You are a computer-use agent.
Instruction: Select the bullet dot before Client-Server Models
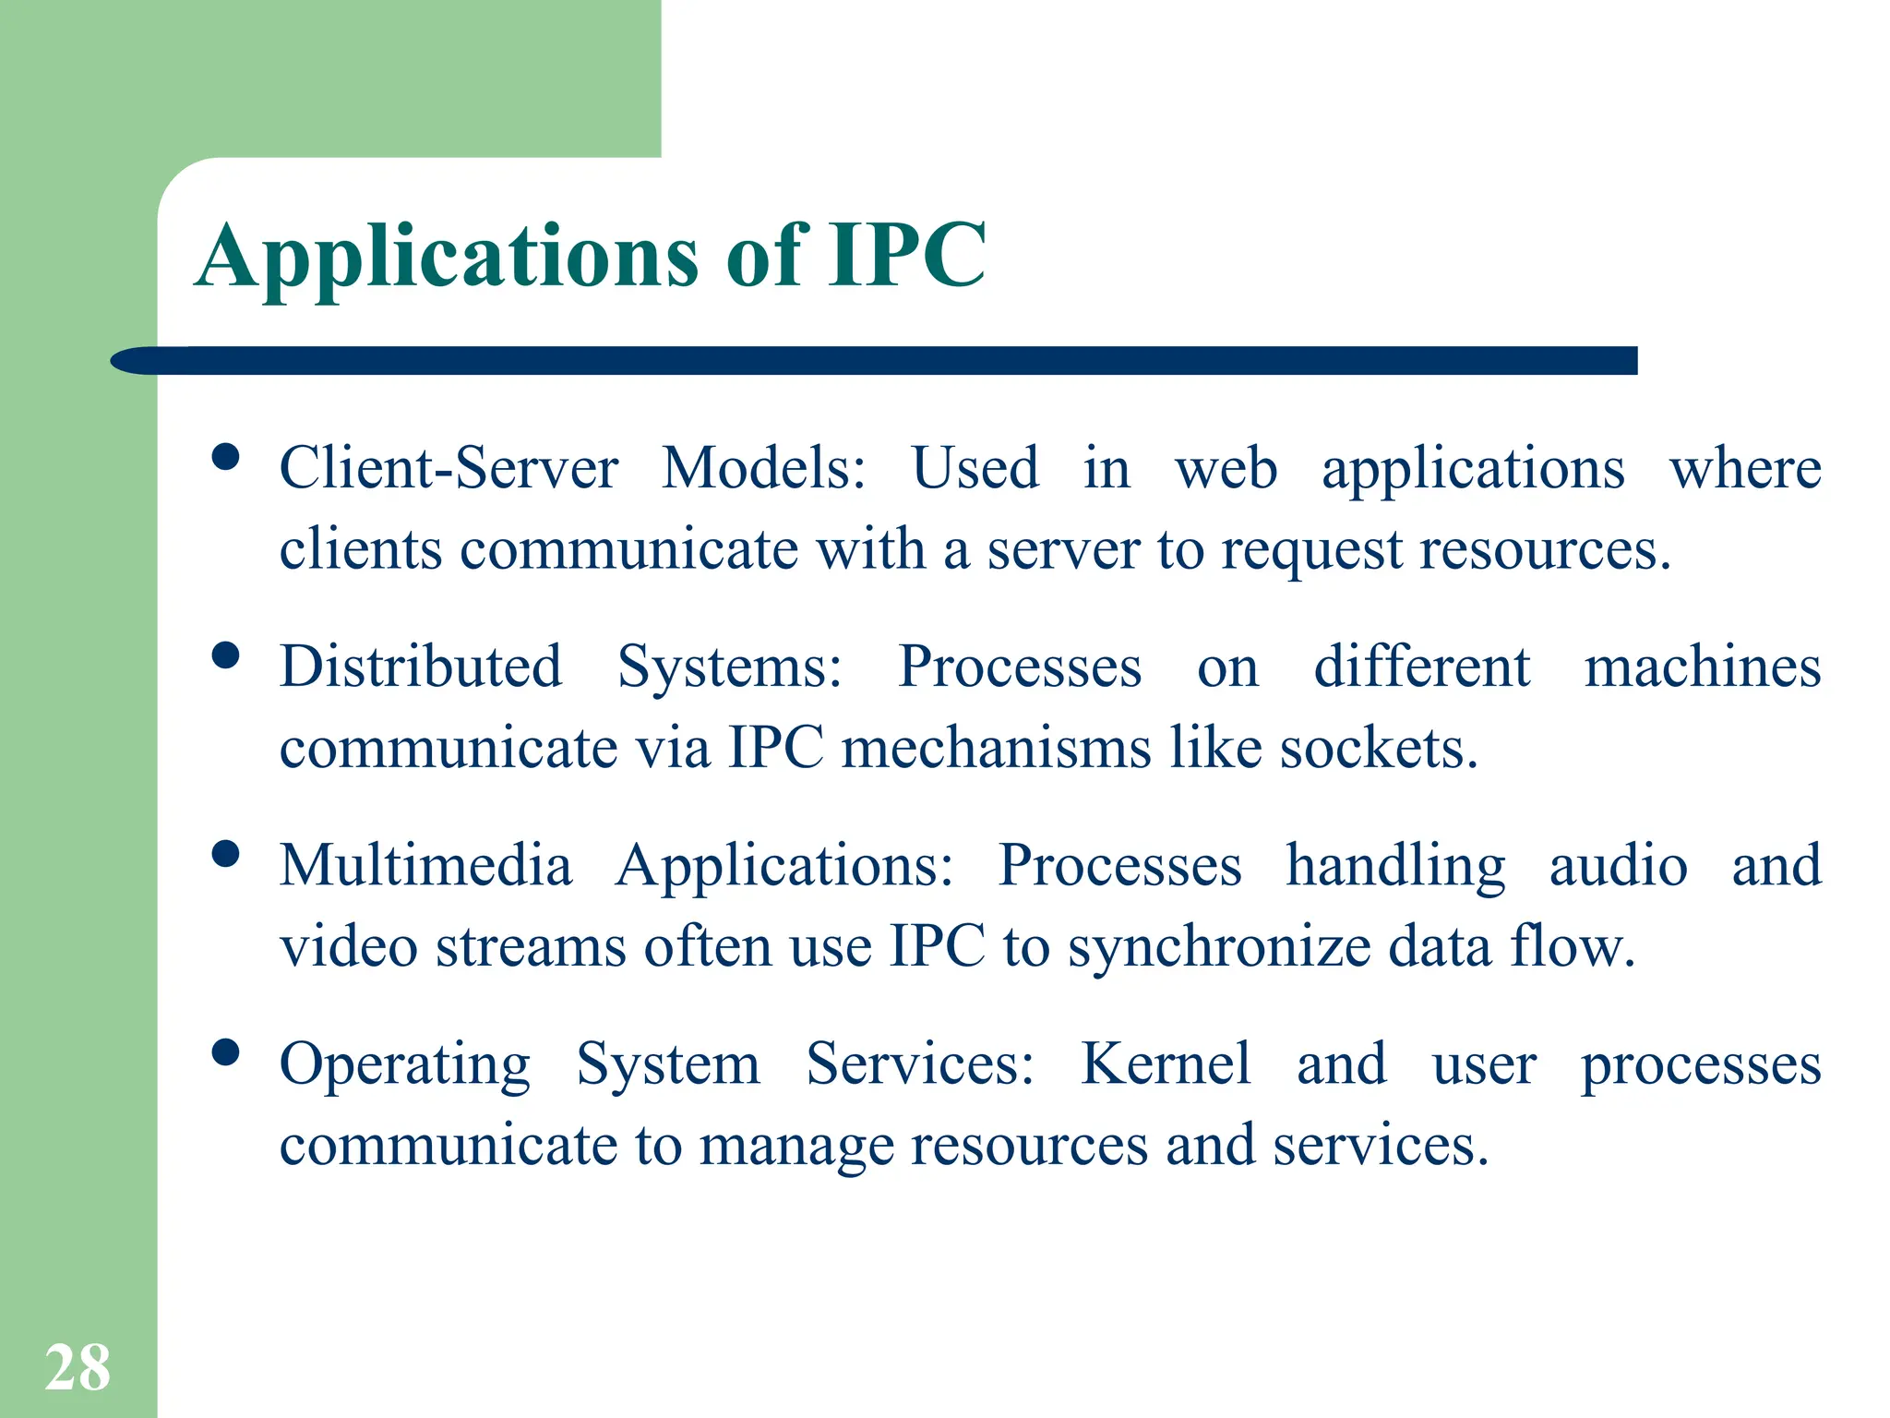(225, 457)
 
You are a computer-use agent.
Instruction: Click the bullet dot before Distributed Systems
(225, 655)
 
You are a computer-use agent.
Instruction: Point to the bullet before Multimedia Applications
(225, 854)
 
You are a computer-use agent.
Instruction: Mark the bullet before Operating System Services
(225, 1052)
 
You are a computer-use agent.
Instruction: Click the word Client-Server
(449, 468)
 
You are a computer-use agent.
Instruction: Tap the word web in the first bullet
(1226, 468)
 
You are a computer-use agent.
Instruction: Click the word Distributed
(421, 667)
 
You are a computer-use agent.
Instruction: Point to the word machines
(1702, 667)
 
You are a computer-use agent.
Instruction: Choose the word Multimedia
(425, 866)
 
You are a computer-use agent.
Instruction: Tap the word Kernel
(1166, 1064)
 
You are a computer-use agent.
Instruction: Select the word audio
(1618, 866)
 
